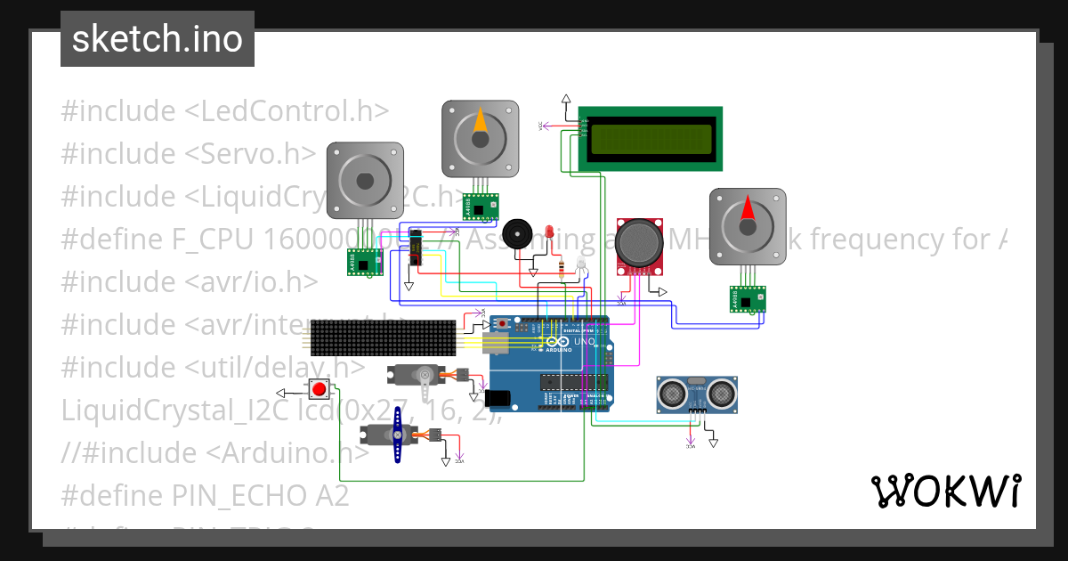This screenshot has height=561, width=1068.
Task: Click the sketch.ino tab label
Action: (x=157, y=39)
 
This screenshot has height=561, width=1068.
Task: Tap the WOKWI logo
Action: (x=945, y=491)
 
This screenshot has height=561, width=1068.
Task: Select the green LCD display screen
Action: (x=651, y=138)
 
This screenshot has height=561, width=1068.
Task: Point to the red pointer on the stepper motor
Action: (x=747, y=211)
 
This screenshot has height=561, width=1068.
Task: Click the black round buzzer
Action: (x=515, y=234)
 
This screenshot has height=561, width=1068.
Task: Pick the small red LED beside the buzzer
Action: (x=549, y=232)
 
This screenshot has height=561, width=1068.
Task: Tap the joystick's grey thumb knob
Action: (x=639, y=242)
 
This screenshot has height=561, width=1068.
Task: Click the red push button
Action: (x=319, y=389)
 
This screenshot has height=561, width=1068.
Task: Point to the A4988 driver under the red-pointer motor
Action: (x=748, y=299)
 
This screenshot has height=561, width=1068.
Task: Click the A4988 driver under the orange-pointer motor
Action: (x=480, y=207)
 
